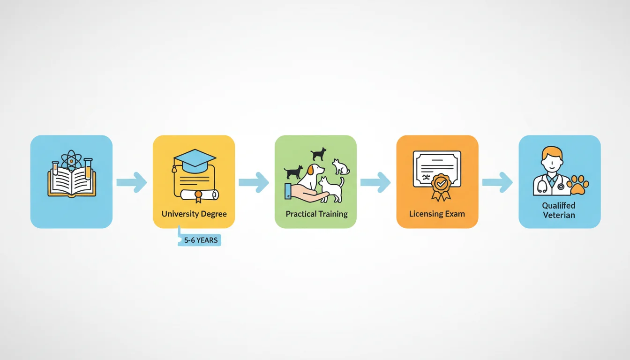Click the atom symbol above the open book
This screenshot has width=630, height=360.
point(71,161)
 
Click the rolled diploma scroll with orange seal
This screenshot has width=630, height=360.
point(199,195)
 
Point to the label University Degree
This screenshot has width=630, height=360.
point(194,214)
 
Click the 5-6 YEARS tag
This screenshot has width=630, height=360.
point(200,240)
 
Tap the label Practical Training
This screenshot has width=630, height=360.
point(317,214)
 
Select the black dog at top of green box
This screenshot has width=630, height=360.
point(318,154)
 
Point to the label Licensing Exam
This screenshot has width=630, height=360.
point(437,214)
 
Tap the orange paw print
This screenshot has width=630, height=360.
point(578,185)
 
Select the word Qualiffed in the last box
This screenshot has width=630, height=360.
point(559,206)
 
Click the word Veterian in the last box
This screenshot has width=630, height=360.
point(559,215)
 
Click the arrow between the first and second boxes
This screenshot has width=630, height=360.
point(132,182)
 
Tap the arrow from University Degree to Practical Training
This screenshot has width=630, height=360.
point(254,182)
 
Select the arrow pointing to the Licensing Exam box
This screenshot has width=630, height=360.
point(376,182)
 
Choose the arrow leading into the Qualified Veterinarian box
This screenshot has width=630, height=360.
point(497,182)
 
